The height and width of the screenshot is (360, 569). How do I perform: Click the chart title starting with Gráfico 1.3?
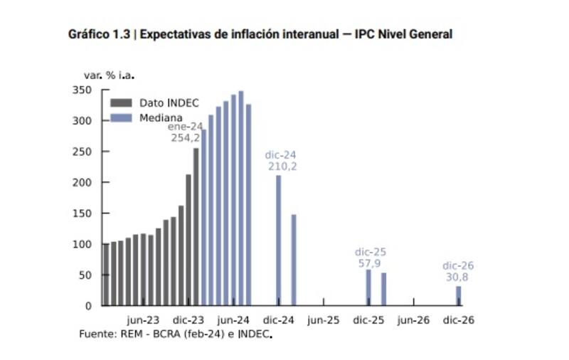tap(260, 34)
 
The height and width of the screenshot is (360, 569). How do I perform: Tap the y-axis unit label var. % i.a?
tap(105, 74)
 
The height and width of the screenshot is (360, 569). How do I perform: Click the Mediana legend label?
tap(161, 118)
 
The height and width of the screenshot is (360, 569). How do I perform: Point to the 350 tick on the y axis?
tap(82, 90)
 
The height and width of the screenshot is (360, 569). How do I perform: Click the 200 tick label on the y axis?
tap(82, 183)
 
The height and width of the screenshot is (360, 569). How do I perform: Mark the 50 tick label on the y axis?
tap(85, 275)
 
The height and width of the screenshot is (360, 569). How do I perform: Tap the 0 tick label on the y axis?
tap(87, 306)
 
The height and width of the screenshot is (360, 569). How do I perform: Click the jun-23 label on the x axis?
tap(143, 320)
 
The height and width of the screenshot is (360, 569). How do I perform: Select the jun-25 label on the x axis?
tap(323, 320)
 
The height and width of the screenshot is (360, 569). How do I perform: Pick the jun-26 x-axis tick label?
tap(413, 320)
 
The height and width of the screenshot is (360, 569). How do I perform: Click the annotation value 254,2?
tap(186, 138)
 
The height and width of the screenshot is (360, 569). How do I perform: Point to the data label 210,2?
tap(282, 166)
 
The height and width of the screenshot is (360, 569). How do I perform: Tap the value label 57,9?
tap(371, 263)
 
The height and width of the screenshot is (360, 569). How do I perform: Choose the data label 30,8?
tap(458, 277)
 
